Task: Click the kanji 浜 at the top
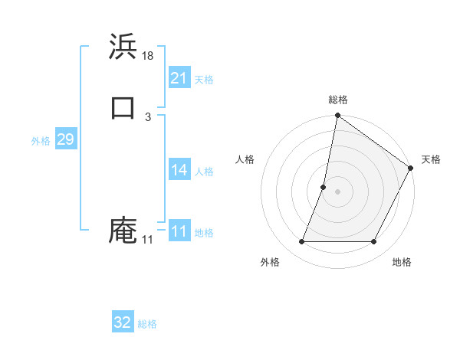tap(123, 47)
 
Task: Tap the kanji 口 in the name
tap(123, 107)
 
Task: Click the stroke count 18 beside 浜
tap(149, 56)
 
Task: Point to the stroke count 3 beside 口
tap(147, 117)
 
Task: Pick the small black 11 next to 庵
tap(147, 241)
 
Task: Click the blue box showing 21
tap(179, 78)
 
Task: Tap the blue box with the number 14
tap(179, 170)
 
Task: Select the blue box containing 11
tap(179, 231)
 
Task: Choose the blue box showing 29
tap(66, 139)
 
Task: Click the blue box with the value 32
tap(123, 322)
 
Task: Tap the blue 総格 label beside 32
tap(147, 324)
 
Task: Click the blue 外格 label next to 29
tap(41, 141)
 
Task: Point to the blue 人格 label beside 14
tap(204, 172)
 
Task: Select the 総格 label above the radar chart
tap(338, 100)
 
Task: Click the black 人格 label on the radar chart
tap(245, 159)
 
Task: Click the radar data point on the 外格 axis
tap(301, 242)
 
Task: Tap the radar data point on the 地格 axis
tap(374, 242)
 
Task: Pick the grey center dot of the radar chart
tap(338, 191)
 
